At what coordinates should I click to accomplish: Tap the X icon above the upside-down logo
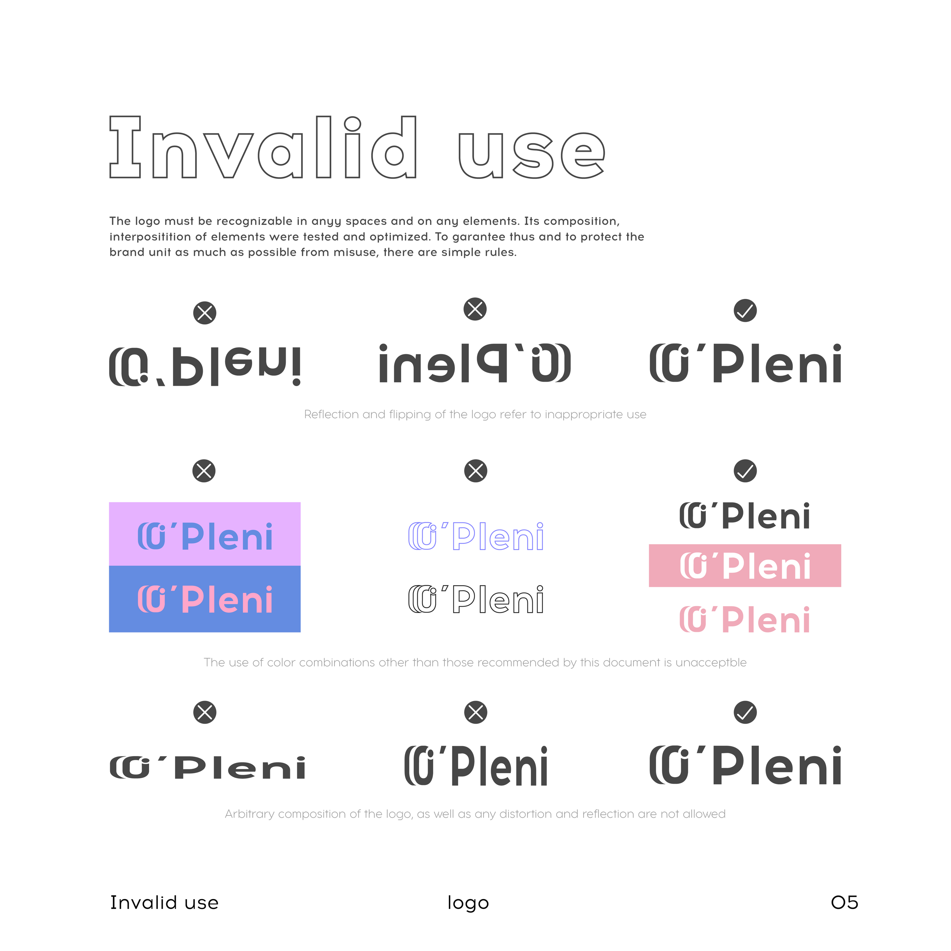point(205,313)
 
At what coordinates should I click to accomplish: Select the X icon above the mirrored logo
point(475,309)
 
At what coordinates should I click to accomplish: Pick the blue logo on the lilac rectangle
point(205,536)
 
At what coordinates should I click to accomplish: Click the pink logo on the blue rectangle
point(205,599)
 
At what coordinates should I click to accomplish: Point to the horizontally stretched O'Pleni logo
point(207,768)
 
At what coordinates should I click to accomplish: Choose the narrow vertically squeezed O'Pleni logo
point(475,766)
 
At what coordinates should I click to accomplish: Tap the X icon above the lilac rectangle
point(204,471)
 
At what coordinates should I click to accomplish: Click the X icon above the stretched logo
point(205,712)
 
